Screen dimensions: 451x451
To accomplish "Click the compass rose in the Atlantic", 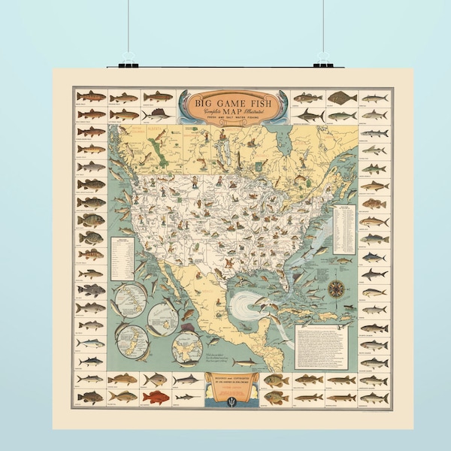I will (335, 288).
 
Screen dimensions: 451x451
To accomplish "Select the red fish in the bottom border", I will (156, 397).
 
